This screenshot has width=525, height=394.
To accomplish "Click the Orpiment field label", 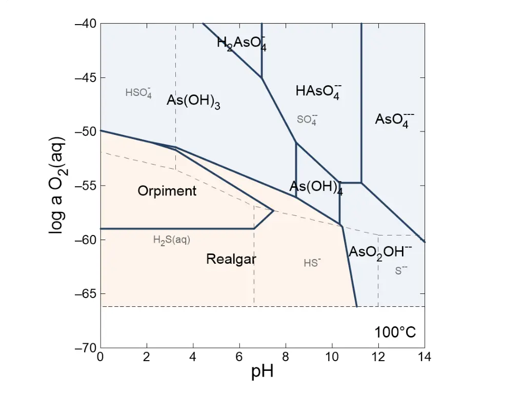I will click(167, 191).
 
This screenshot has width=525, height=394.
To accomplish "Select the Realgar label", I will click(231, 259).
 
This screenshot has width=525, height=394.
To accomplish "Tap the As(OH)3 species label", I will click(193, 101).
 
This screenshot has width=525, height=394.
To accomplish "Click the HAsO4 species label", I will click(318, 92).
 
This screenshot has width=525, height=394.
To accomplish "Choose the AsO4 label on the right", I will click(394, 120).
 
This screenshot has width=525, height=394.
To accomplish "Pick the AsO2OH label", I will click(380, 252).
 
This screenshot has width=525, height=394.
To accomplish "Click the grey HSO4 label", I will click(138, 93).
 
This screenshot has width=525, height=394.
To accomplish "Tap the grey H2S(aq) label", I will click(172, 240).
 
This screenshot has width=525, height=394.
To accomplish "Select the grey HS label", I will click(312, 263).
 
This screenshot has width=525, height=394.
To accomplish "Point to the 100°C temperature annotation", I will click(395, 332).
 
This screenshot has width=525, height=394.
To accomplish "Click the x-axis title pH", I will click(262, 372).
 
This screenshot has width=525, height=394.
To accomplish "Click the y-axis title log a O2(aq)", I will click(57, 185).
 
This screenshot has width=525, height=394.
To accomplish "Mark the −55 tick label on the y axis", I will click(85, 186).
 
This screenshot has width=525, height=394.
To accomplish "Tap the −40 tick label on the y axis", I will click(85, 24).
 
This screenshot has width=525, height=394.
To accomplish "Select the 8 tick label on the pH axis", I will click(286, 358).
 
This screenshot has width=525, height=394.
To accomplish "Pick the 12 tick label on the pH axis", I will click(378, 358).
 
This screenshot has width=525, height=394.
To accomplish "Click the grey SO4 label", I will click(307, 120).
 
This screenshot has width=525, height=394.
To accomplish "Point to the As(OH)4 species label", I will click(316, 187).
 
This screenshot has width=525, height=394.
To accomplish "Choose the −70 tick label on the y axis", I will click(85, 348).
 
